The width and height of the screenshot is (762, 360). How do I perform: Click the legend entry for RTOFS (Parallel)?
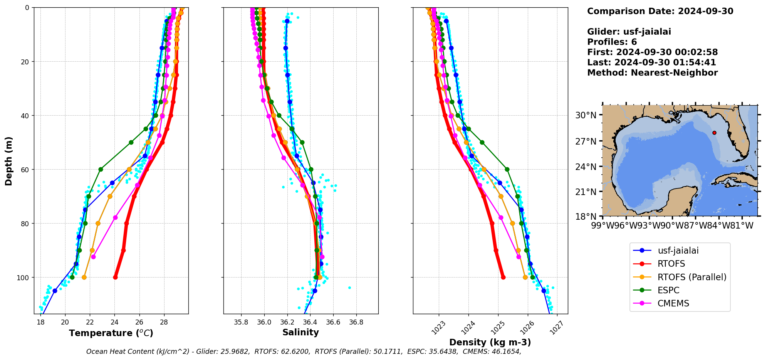[x=692, y=277]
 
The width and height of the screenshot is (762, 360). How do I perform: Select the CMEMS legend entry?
[x=673, y=303]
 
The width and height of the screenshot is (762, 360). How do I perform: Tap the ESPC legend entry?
[x=668, y=290]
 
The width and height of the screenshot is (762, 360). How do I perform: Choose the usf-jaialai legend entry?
[x=678, y=251]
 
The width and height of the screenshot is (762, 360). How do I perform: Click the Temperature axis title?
[x=111, y=333]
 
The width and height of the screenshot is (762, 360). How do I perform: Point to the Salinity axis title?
[x=300, y=332]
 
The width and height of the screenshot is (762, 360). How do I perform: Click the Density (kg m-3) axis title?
[x=490, y=342]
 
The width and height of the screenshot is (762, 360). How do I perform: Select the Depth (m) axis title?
[x=8, y=161]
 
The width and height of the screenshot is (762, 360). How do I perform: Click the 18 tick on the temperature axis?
[x=40, y=322]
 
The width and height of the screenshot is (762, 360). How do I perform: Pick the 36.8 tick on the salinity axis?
[x=356, y=322]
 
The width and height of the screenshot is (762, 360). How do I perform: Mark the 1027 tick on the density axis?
[x=557, y=328]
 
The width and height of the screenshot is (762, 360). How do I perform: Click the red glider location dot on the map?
[x=714, y=133]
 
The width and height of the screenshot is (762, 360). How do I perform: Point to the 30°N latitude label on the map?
[x=586, y=115]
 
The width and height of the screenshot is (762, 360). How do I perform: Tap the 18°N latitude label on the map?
[x=586, y=217]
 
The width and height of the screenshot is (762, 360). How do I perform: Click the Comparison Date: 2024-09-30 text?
[x=660, y=11]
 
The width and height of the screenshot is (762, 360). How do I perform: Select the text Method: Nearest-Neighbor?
[x=652, y=73]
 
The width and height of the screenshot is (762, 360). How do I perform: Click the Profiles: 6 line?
[x=612, y=42]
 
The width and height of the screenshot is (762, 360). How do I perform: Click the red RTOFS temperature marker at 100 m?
[x=115, y=277]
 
